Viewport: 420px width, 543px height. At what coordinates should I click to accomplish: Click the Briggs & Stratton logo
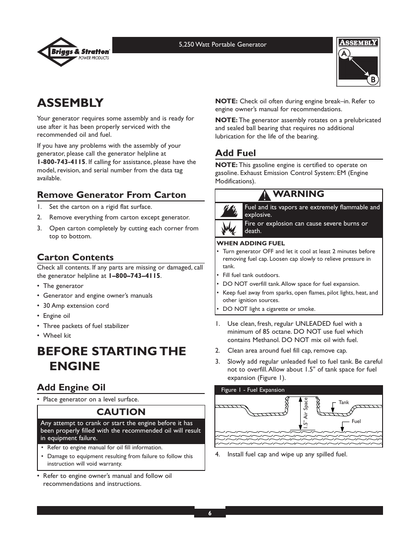coord(74,52)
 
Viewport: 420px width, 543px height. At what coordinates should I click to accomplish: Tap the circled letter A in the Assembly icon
coord(344,54)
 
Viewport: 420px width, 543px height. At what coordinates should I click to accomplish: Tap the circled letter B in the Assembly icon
coord(372,80)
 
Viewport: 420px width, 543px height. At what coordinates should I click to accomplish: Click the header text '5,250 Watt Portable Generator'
coord(222,44)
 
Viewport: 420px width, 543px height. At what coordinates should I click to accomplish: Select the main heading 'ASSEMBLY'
coord(70,103)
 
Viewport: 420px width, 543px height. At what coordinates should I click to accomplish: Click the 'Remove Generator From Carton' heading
coord(111,195)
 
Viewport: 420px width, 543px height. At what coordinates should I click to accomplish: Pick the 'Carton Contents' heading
coord(75,257)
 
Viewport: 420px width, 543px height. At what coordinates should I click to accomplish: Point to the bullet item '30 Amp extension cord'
coord(76,306)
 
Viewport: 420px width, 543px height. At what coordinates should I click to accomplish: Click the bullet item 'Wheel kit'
coord(57,335)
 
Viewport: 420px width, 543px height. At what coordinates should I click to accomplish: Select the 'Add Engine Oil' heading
coord(71,387)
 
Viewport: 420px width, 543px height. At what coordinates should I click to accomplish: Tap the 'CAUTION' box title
coord(121,412)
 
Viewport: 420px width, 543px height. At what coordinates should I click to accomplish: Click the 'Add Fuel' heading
coord(236,153)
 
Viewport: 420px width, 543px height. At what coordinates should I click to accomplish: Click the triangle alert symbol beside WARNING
coord(265,195)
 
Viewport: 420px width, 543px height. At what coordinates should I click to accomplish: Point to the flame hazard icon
coord(228,211)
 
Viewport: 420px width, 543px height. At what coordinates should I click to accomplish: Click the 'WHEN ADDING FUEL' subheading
coord(251,243)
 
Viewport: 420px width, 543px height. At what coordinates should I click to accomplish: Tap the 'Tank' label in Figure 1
coord(343,402)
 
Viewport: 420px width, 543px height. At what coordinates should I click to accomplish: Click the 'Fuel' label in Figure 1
coord(356,421)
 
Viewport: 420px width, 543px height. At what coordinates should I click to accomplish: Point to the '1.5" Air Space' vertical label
coord(305,413)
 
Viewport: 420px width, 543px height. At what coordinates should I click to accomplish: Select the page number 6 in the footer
coord(210,513)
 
